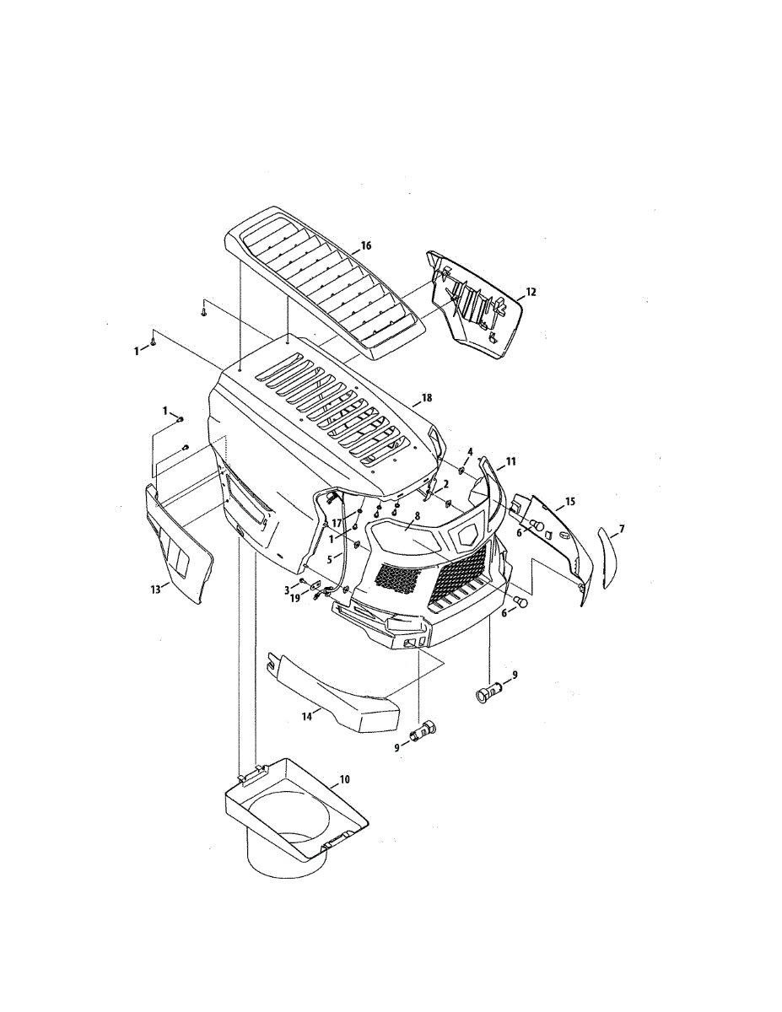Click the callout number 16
[x=365, y=245]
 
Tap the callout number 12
[x=531, y=292]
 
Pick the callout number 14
[x=307, y=715]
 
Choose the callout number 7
[x=621, y=529]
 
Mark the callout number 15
[x=569, y=502]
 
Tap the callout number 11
[x=510, y=462]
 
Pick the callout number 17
[x=336, y=524]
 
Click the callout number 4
[x=470, y=453]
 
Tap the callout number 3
[x=287, y=589]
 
